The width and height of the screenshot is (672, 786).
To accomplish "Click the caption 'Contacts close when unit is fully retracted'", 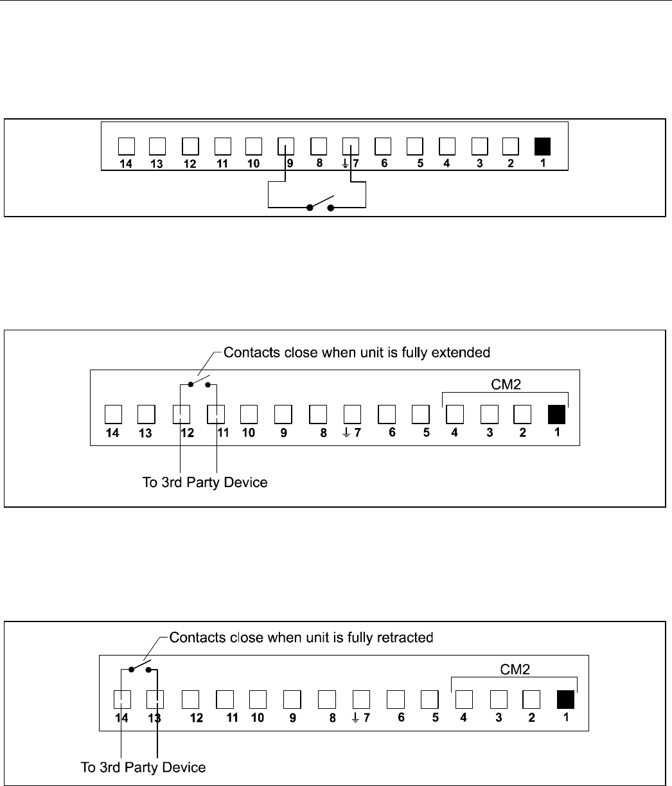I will click(301, 638).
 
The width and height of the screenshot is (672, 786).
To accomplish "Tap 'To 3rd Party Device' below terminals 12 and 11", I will click(204, 482).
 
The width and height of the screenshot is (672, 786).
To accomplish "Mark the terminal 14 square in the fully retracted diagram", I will click(121, 699).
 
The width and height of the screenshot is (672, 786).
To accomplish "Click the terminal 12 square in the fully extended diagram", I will click(182, 413).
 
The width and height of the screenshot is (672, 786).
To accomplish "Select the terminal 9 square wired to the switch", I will click(285, 147).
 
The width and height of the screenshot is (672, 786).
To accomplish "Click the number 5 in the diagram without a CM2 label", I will click(420, 163).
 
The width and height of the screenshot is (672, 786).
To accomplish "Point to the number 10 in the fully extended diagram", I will click(249, 433).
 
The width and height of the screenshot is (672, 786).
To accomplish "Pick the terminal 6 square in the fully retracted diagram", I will click(396, 699).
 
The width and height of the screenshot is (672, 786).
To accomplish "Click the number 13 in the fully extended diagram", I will click(146, 433).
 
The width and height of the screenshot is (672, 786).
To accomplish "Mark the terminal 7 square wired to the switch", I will click(350, 147).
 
